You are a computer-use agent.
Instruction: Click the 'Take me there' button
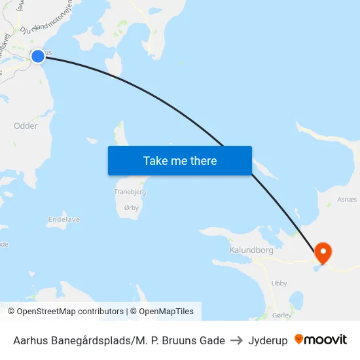[180, 161]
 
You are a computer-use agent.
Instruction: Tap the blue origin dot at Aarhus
[38, 56]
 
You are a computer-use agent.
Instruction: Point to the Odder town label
[26, 126]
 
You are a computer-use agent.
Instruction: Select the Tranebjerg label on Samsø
[130, 192]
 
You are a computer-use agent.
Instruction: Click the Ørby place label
[132, 207]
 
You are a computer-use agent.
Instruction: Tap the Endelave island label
[64, 220]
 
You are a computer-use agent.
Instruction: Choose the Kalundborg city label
[251, 250]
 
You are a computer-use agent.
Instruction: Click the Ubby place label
[279, 283]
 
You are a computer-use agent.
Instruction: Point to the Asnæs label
[347, 200]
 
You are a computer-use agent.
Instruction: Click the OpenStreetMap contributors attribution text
[70, 312]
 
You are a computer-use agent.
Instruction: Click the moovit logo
[321, 340]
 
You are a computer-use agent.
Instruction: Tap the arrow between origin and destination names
[236, 340]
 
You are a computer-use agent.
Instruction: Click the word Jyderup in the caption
[268, 340]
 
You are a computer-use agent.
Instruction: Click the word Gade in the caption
[213, 340]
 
